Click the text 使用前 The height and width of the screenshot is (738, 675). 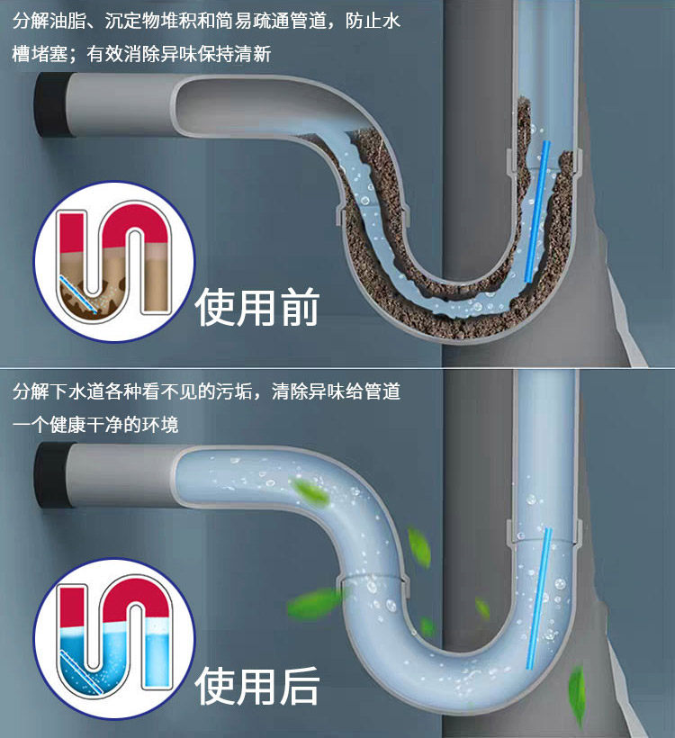point(257,308)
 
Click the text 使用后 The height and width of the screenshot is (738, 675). point(257,686)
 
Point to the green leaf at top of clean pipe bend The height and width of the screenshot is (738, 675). point(310,491)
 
